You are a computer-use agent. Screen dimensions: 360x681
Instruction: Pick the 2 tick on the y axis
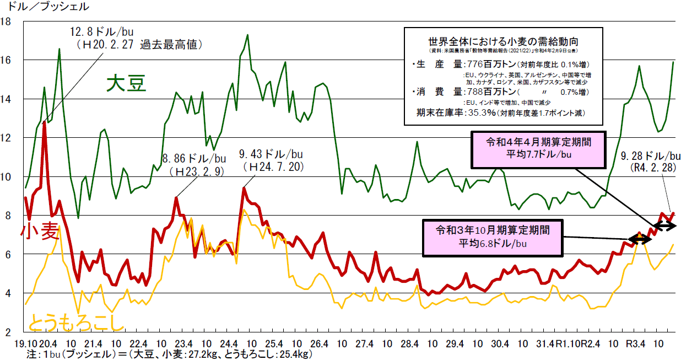coord(10,332)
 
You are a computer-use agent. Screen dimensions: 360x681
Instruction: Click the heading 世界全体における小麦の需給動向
coord(502,41)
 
